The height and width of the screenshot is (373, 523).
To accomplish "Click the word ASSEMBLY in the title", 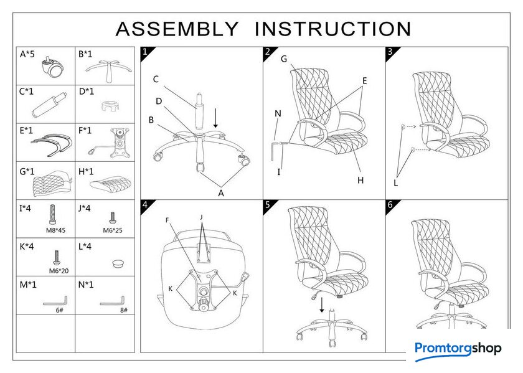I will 177,29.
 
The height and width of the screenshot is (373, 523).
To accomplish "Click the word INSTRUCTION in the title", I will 333,29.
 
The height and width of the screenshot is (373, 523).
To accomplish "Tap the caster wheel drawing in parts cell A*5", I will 52,67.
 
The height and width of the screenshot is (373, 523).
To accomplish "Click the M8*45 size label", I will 55,230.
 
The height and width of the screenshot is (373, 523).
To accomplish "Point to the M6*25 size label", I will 113,230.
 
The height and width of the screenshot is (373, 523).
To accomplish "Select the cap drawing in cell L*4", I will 116,263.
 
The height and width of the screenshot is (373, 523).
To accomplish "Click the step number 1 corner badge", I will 145,52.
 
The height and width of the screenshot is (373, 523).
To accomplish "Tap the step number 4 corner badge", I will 145,205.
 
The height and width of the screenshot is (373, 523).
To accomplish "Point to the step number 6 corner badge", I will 390,205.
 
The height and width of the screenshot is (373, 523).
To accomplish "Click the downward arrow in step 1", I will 215,116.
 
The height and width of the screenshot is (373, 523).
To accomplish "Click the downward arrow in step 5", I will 322,305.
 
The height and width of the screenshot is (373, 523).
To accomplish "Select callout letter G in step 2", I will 283,60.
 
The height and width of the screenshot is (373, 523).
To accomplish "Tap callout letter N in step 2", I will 278,113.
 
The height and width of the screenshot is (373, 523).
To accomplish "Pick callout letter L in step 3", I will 395,183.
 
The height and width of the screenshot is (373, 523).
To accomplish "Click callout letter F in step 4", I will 167,220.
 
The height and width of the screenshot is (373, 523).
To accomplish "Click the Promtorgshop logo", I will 458,349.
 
